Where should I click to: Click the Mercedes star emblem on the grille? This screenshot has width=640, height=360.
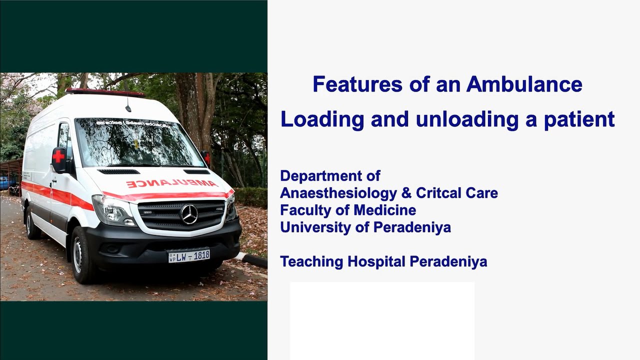[189, 214]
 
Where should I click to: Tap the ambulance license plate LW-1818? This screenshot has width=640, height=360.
[189, 256]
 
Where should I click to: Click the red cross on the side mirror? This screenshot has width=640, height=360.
[58, 156]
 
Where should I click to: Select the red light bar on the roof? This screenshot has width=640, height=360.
[105, 92]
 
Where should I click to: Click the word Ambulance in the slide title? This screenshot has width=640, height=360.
[524, 84]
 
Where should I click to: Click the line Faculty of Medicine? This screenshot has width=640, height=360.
[347, 210]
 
